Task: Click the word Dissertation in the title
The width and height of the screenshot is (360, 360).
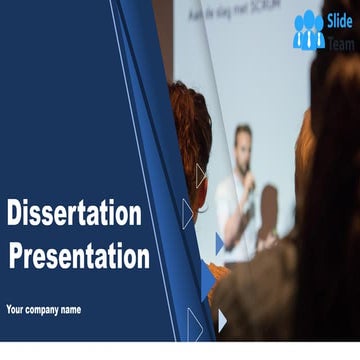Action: coord(74,214)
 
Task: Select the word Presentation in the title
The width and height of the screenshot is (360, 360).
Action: coord(79,256)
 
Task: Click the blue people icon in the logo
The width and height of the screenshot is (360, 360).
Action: coord(309,31)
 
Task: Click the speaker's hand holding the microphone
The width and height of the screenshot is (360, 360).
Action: coord(250,185)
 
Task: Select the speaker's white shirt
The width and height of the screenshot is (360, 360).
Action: coord(232,200)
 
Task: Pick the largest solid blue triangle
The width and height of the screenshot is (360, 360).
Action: coord(207,280)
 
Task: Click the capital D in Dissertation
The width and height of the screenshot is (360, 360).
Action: coord(15,214)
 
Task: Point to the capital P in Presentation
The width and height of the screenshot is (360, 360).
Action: coord(17,256)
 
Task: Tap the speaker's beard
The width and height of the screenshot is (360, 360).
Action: coord(243,151)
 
